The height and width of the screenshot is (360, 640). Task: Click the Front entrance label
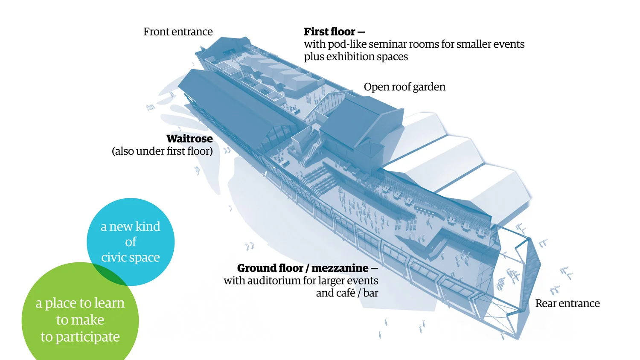(x=178, y=32)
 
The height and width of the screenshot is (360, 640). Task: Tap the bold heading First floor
(x=329, y=32)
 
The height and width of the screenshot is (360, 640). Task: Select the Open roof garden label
(x=404, y=87)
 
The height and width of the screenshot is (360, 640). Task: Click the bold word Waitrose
(x=189, y=139)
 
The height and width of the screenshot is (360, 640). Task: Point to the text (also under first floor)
(x=162, y=151)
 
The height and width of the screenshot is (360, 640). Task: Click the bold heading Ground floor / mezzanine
(x=303, y=268)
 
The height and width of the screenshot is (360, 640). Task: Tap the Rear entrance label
(x=567, y=304)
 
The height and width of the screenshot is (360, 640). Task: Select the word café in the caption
(x=345, y=293)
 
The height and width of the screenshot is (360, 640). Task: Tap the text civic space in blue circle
(x=131, y=258)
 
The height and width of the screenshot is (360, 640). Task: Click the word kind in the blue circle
(x=148, y=226)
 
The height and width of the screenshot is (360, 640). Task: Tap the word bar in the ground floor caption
(x=371, y=293)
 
